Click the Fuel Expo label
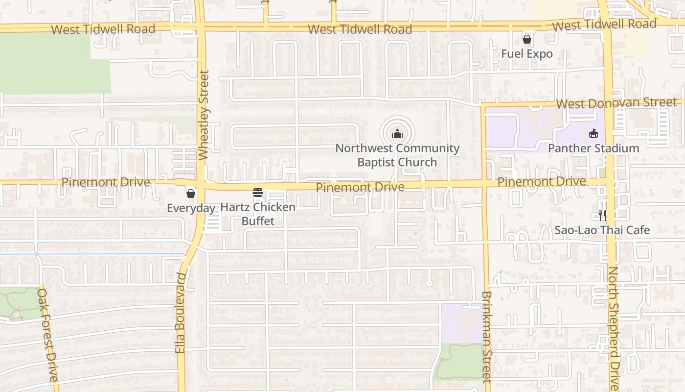526,53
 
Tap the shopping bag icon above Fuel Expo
527,39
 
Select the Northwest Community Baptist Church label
397,155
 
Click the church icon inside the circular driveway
397,133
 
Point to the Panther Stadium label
593,148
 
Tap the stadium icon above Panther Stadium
594,133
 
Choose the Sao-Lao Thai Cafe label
602,230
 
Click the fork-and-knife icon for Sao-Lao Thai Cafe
602,215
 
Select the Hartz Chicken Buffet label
258,214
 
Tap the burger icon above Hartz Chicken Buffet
258,193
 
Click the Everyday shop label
191,208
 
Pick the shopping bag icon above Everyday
191,194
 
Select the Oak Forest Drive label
47,335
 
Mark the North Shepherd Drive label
613,328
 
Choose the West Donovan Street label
616,103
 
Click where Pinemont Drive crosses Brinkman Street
485,183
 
